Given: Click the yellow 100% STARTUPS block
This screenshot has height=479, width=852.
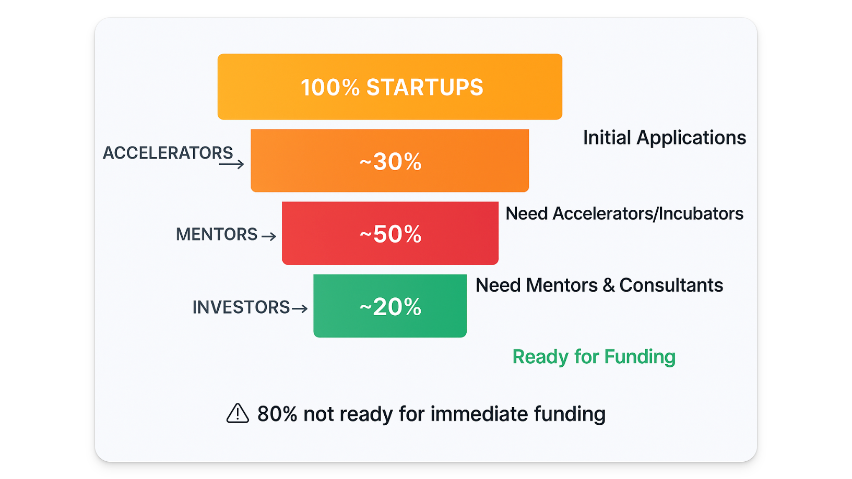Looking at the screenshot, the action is coord(390,87).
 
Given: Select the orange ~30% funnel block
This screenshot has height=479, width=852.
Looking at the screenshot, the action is coord(390,160).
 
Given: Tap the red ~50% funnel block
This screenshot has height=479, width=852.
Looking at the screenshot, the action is coord(390,233).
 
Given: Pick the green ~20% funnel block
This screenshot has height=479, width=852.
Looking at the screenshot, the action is coord(390,306).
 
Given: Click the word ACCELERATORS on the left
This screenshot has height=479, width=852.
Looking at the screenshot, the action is coord(168,153).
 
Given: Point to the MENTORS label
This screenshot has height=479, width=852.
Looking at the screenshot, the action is coord(217,234).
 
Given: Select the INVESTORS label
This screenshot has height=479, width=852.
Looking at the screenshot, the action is coord(241,307).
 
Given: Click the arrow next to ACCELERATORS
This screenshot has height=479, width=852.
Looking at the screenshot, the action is coord(231,164).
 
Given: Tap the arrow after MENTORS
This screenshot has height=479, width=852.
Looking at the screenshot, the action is coord(269,236).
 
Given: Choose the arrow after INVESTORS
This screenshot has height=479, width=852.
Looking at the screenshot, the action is coord(300,308).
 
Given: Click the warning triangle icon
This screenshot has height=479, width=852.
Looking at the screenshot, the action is coord(238,413).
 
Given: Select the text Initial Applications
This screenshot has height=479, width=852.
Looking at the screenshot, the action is coord(665,138).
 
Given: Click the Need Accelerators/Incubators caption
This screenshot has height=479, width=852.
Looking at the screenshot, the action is coord(624,213).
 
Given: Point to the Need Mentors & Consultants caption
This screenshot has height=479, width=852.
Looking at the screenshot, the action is coord(599,285).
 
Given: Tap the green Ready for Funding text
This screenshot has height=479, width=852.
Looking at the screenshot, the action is coord(594,357).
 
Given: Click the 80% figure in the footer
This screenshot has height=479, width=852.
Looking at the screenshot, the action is coord(277,414).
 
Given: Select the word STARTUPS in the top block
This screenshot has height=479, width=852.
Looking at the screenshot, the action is coord(424,87).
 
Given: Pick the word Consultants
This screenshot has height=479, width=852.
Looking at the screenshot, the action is coord(671,285).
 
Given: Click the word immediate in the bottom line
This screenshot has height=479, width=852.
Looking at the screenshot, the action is coord(479,414).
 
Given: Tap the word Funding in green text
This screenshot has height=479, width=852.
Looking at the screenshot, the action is coord(640,357).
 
